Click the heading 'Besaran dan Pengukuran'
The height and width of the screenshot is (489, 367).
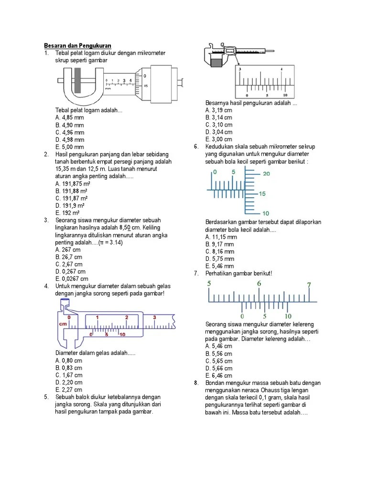(78, 45)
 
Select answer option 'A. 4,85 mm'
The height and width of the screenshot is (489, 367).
(69, 117)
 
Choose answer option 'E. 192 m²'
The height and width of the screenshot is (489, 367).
(67, 213)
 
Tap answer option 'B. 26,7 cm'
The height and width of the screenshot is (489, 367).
(69, 256)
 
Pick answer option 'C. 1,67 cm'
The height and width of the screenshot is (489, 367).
(69, 375)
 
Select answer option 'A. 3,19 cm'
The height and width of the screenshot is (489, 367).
(219, 110)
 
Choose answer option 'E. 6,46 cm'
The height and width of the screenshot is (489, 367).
(219, 375)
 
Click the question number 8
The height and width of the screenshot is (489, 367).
(196, 383)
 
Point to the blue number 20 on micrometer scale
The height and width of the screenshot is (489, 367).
(266, 174)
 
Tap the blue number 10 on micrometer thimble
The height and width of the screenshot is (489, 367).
(266, 213)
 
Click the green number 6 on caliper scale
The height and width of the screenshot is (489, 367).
(259, 284)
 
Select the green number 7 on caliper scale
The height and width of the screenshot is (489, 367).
(309, 285)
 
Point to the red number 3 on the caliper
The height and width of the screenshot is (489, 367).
(154, 317)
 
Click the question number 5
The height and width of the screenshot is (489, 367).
(46, 397)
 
